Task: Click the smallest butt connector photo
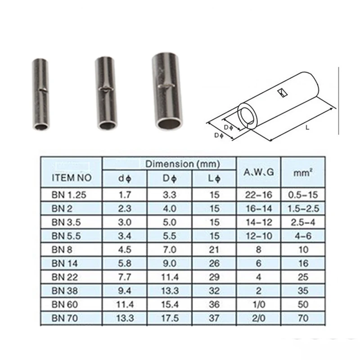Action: coord(40,94)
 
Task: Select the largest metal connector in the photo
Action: coord(167,91)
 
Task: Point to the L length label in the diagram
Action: coord(308,127)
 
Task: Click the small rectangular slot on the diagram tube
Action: coord(283,93)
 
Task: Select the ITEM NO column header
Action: coord(72,178)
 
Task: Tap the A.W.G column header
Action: coord(259,172)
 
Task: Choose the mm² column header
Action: coord(303,172)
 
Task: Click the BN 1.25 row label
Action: coord(69,195)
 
